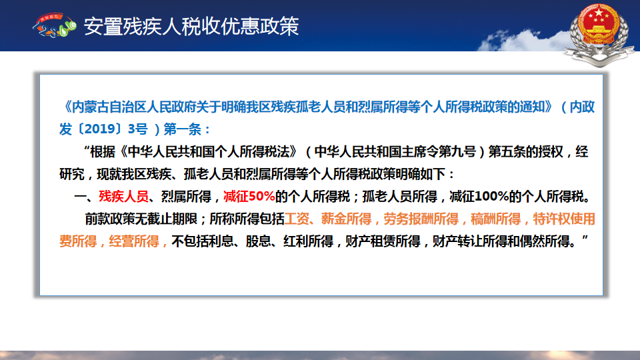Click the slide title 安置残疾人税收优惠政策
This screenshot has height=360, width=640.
[x=191, y=27]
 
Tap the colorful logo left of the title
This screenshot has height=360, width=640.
[x=55, y=25]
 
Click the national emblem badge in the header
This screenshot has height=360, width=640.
[x=599, y=33]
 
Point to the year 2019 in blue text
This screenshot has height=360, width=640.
[x=101, y=129]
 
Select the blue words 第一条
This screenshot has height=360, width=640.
[x=183, y=129]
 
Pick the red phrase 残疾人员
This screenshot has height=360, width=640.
[x=124, y=196]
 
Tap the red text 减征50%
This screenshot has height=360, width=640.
[x=249, y=196]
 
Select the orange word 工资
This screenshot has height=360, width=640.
[x=297, y=219]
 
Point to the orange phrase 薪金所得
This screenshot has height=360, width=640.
[x=346, y=219]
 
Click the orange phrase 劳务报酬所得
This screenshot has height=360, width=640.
[x=421, y=219]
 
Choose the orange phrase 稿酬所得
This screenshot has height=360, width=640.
[x=495, y=219]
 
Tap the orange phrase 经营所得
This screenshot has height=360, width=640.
[x=134, y=241]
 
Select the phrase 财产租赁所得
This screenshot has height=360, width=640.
[x=383, y=241]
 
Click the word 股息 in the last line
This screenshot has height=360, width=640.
[x=258, y=241]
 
